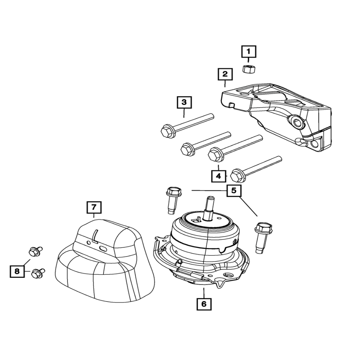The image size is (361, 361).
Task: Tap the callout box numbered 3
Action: point(184,102)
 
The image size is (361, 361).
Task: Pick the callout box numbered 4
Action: point(218,175)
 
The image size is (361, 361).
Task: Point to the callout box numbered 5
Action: point(234,191)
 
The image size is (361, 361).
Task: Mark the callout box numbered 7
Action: point(94,207)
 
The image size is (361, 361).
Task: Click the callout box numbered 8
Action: point(17,271)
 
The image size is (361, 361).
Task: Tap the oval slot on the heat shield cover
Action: point(103,249)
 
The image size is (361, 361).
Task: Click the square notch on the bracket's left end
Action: point(232,105)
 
